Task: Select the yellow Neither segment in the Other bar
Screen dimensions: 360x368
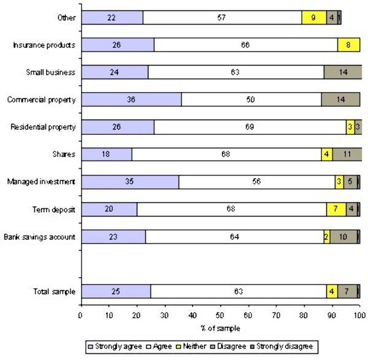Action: pyautogui.click(x=314, y=18)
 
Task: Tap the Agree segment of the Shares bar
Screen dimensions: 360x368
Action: pyautogui.click(x=226, y=154)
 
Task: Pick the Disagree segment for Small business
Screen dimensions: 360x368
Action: pyautogui.click(x=342, y=72)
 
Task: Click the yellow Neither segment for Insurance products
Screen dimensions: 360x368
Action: pyautogui.click(x=348, y=45)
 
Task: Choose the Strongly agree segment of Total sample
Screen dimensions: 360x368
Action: pyautogui.click(x=116, y=291)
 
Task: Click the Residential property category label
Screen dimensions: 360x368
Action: pyautogui.click(x=43, y=127)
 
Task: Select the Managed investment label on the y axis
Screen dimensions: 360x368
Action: pyautogui.click(x=40, y=182)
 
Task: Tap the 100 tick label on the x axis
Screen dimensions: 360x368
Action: pyautogui.click(x=359, y=316)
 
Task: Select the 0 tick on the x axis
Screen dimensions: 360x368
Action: pyautogui.click(x=81, y=316)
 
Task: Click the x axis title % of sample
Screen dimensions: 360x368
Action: pyautogui.click(x=220, y=328)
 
